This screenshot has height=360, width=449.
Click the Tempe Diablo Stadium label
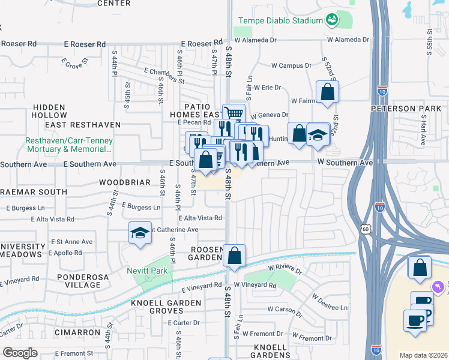(x=281, y=20)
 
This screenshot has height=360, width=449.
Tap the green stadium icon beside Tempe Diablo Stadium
(x=331, y=20)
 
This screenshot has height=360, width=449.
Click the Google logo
(x=20, y=352)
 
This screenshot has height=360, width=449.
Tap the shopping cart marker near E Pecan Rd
(x=234, y=113)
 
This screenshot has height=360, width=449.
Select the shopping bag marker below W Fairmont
(x=327, y=92)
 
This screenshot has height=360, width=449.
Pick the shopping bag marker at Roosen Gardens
(x=234, y=255)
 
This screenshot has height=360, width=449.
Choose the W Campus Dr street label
(x=291, y=65)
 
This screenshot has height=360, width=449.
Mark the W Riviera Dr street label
(x=285, y=268)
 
